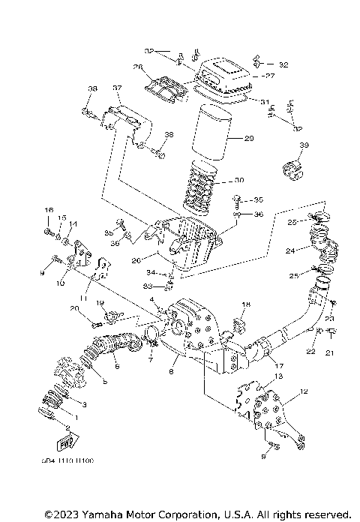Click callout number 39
tap(304, 145)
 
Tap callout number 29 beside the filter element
tap(250, 139)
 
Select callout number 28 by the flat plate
tap(137, 67)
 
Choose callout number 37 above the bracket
tap(117, 88)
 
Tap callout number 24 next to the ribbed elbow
tap(289, 252)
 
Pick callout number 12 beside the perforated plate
tap(304, 391)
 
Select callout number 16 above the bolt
tap(49, 209)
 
